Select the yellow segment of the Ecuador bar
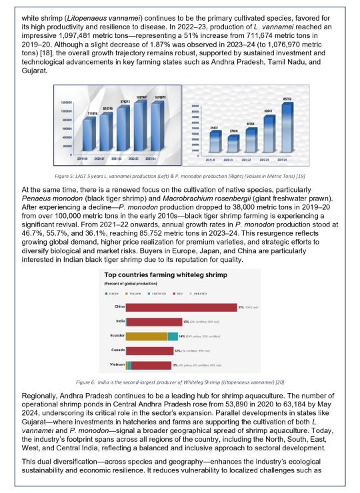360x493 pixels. tap(146, 336)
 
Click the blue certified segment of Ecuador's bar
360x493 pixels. tap(172, 336)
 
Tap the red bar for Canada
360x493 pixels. tap(149, 350)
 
